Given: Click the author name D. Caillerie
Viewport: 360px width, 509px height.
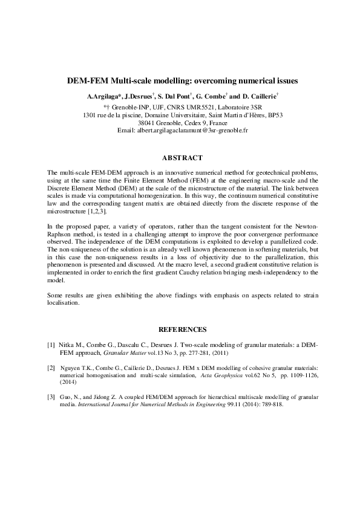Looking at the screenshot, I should coord(259,96).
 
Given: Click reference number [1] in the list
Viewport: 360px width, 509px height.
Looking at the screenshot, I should coord(51,345).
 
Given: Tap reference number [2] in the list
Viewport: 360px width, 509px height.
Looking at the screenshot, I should coord(51,368).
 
